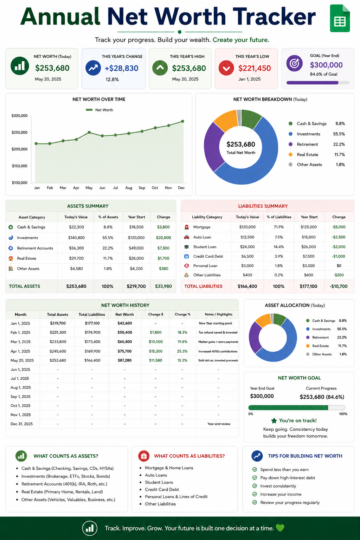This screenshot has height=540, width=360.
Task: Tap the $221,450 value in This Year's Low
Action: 255,68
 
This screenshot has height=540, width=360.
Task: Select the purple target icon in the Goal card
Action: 294,63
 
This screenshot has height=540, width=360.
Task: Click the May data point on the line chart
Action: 89,132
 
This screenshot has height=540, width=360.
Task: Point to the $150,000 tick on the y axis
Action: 20,166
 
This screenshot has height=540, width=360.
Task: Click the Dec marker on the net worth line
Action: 182,121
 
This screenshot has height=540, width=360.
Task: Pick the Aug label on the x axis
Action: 129,188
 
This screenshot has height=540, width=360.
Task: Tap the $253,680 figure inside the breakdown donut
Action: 240,144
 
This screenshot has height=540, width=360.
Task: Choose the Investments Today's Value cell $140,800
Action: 76,238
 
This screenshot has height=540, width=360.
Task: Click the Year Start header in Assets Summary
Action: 136,217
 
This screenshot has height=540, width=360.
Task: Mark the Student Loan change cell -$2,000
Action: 339,247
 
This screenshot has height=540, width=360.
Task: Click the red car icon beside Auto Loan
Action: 186,237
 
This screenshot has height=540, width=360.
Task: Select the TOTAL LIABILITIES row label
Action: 203,287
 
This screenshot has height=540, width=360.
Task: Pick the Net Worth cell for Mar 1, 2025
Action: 125,342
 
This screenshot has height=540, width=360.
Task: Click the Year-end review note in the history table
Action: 219,424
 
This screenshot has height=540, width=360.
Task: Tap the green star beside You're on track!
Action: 274,421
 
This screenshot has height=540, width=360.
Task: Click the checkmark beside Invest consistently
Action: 255,486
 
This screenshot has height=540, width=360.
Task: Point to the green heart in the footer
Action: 280,528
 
